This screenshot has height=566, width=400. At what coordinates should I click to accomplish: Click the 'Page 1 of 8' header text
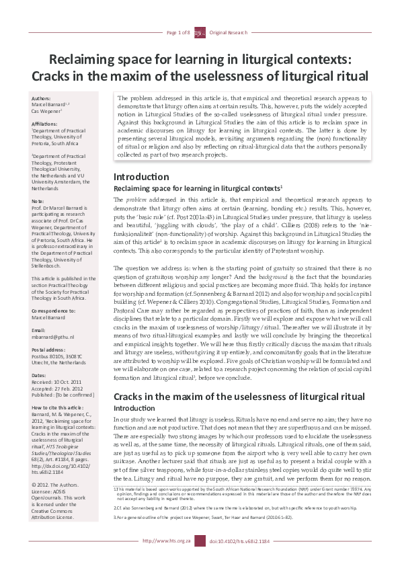click(179, 32)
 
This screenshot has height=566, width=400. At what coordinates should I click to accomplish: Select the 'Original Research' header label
click(227, 32)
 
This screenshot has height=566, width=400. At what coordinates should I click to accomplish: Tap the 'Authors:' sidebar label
click(42, 99)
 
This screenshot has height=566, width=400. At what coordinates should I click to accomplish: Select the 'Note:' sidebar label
click(38, 201)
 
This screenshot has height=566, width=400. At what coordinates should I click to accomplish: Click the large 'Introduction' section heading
click(141, 177)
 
